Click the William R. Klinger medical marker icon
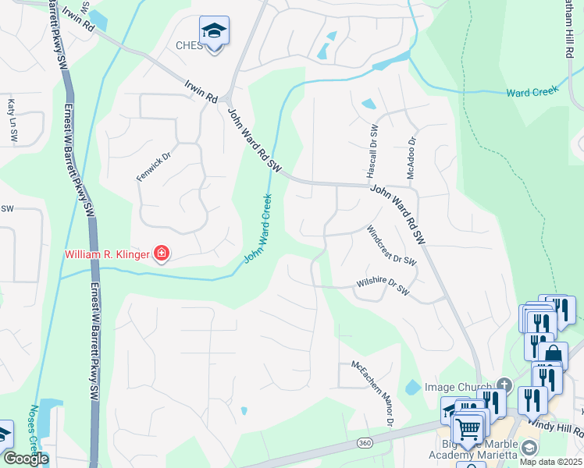(162, 253)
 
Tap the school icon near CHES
(214, 31)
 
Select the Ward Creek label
(529, 92)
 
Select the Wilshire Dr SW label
(383, 285)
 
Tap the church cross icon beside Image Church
(504, 385)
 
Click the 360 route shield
(365, 443)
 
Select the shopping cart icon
(468, 427)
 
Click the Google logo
(25, 459)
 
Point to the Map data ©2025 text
(550, 462)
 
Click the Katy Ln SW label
(12, 119)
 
